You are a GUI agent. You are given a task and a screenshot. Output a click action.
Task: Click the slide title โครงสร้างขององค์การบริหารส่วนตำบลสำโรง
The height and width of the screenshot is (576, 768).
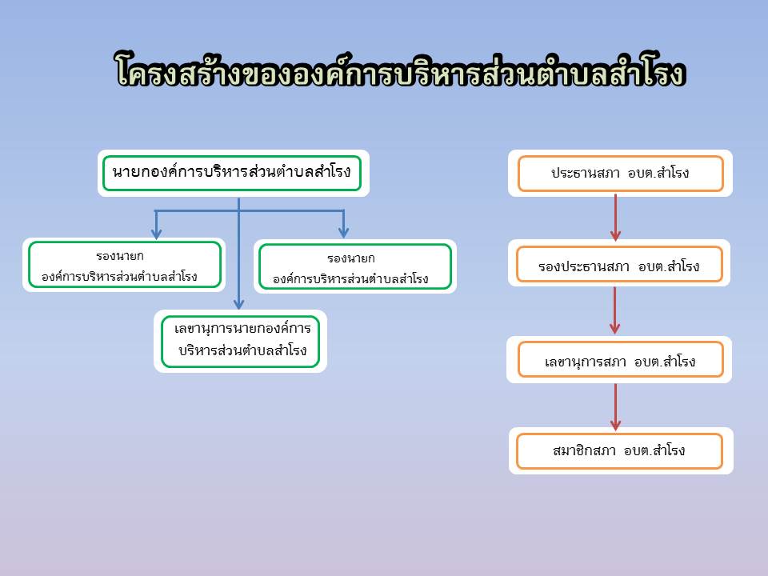400,70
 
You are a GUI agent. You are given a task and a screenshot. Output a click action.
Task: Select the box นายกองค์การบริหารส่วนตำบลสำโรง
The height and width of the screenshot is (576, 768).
232,173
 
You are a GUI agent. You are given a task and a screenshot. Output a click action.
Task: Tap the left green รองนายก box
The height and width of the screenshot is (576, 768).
125,265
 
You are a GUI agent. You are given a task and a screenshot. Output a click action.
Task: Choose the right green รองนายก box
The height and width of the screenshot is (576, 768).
354,266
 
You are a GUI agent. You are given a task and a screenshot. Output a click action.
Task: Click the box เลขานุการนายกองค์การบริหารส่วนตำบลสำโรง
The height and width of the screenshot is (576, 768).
241,341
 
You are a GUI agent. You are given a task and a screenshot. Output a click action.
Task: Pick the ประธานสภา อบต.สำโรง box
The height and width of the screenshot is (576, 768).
621,174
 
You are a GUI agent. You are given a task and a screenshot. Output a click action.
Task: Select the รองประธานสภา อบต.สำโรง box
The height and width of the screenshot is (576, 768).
619,265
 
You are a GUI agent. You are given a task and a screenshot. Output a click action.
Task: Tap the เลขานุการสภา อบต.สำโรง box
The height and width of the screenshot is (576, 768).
621,359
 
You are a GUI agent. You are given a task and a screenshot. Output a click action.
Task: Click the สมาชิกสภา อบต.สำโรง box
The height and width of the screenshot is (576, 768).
619,451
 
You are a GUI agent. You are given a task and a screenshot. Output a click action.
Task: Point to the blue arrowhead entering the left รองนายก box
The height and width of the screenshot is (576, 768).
156,233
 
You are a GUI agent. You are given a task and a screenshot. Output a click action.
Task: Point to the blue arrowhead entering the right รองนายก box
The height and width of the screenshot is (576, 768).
343,232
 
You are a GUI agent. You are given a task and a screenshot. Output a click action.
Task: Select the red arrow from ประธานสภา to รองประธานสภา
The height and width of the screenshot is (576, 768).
616,218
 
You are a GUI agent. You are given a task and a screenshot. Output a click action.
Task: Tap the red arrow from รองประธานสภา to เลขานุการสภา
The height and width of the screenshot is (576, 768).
615,310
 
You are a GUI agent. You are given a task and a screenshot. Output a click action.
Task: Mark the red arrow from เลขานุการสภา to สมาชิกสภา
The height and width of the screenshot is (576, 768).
616,407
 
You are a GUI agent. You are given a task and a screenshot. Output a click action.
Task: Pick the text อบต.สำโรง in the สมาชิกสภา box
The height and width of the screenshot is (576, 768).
654,450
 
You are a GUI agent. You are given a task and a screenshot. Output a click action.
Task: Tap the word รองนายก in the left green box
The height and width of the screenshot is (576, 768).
120,256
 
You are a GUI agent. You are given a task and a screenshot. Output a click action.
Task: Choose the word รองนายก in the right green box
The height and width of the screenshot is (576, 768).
351,258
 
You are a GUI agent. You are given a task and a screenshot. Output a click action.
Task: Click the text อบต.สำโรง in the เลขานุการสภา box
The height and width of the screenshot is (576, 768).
665,362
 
